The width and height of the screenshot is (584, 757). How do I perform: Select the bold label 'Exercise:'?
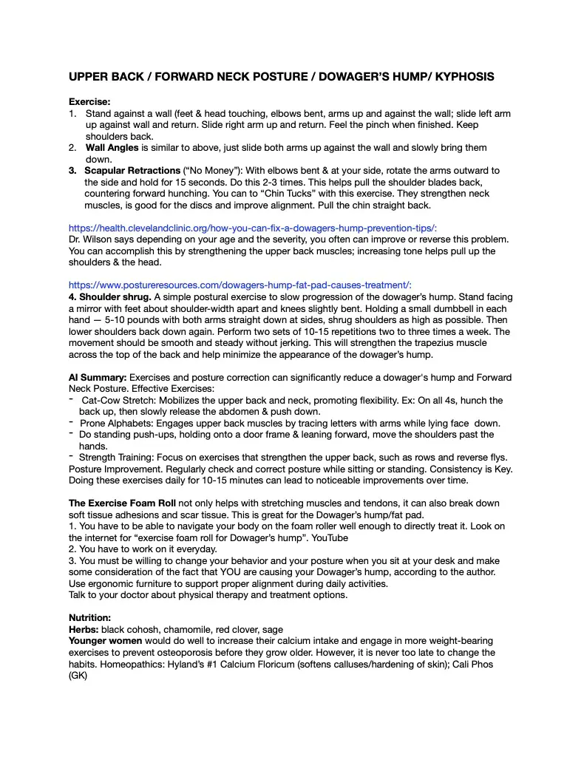(x=89, y=101)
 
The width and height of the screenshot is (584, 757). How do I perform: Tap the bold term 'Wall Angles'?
(x=112, y=148)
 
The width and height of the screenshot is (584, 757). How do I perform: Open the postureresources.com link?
(x=240, y=285)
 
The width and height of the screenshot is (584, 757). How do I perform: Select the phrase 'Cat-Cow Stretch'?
(x=118, y=401)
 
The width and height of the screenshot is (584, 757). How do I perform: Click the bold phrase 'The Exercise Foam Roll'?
(x=122, y=503)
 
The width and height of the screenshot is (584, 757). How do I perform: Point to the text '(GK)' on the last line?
(x=78, y=676)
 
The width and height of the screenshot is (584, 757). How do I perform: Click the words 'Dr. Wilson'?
(x=92, y=240)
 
